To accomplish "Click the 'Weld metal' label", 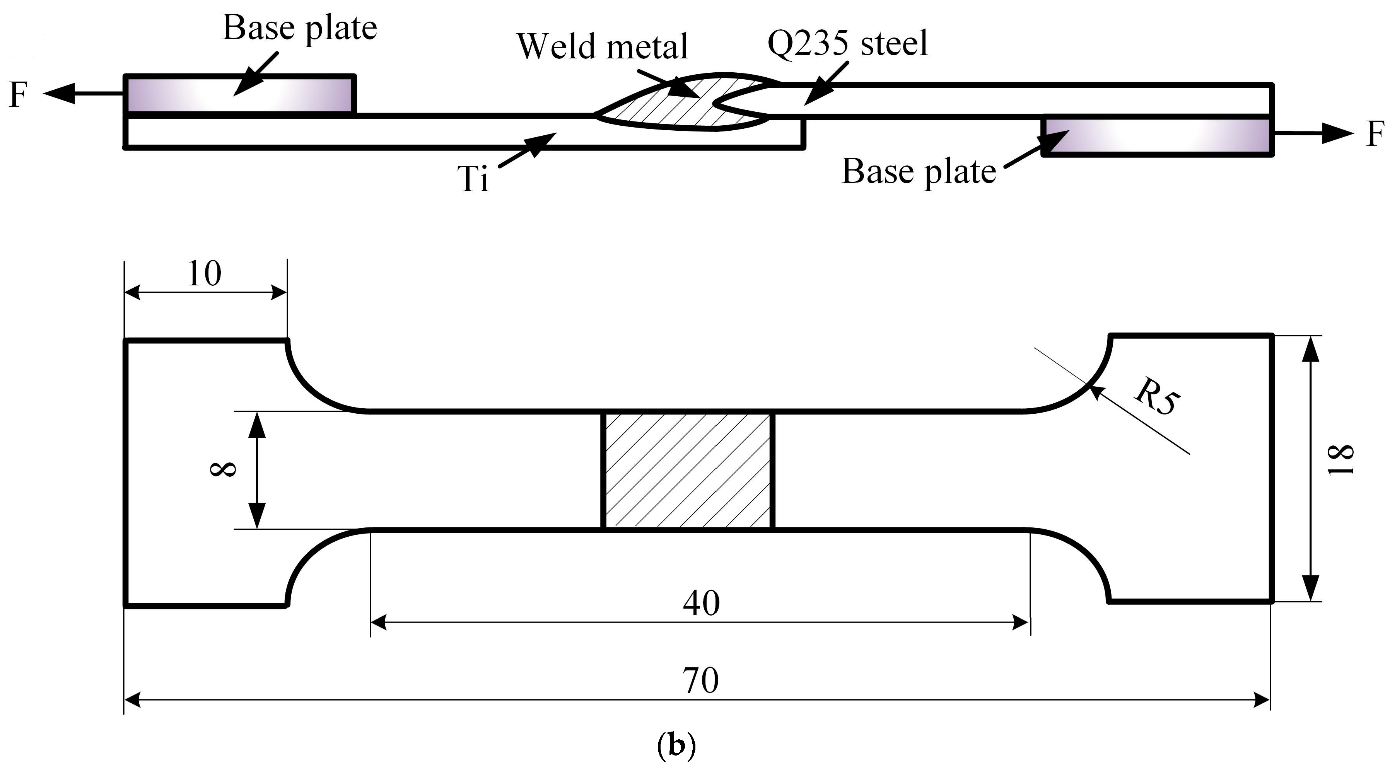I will point(602,46).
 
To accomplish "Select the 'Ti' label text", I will point(473,179).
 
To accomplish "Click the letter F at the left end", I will point(18,95).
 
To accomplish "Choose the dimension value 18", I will point(1341,460).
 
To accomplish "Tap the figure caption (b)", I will point(677,746).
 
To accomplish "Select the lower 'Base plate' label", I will point(919,172).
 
